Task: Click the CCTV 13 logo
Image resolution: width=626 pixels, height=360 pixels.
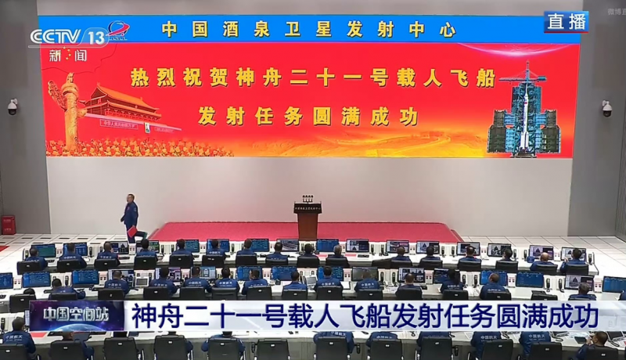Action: click(69, 36)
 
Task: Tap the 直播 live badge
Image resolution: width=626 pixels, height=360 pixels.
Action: click(567, 22)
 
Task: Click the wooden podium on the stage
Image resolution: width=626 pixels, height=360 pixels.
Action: click(308, 221)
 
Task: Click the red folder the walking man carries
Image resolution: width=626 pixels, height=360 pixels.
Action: click(132, 232)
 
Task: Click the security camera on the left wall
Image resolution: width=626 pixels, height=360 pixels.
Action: click(12, 106)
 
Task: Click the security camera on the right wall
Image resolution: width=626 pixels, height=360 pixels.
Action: click(606, 108)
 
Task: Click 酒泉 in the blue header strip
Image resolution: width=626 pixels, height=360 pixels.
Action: click(233, 30)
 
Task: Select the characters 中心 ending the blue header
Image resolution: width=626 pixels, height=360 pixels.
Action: click(434, 30)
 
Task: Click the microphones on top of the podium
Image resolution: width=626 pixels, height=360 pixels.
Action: click(308, 200)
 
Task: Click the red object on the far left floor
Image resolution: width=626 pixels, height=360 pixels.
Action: click(8, 225)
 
